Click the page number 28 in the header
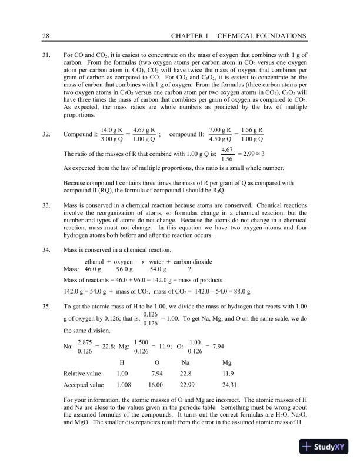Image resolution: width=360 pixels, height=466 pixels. click(46, 36)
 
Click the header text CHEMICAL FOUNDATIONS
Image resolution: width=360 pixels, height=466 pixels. click(261, 36)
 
